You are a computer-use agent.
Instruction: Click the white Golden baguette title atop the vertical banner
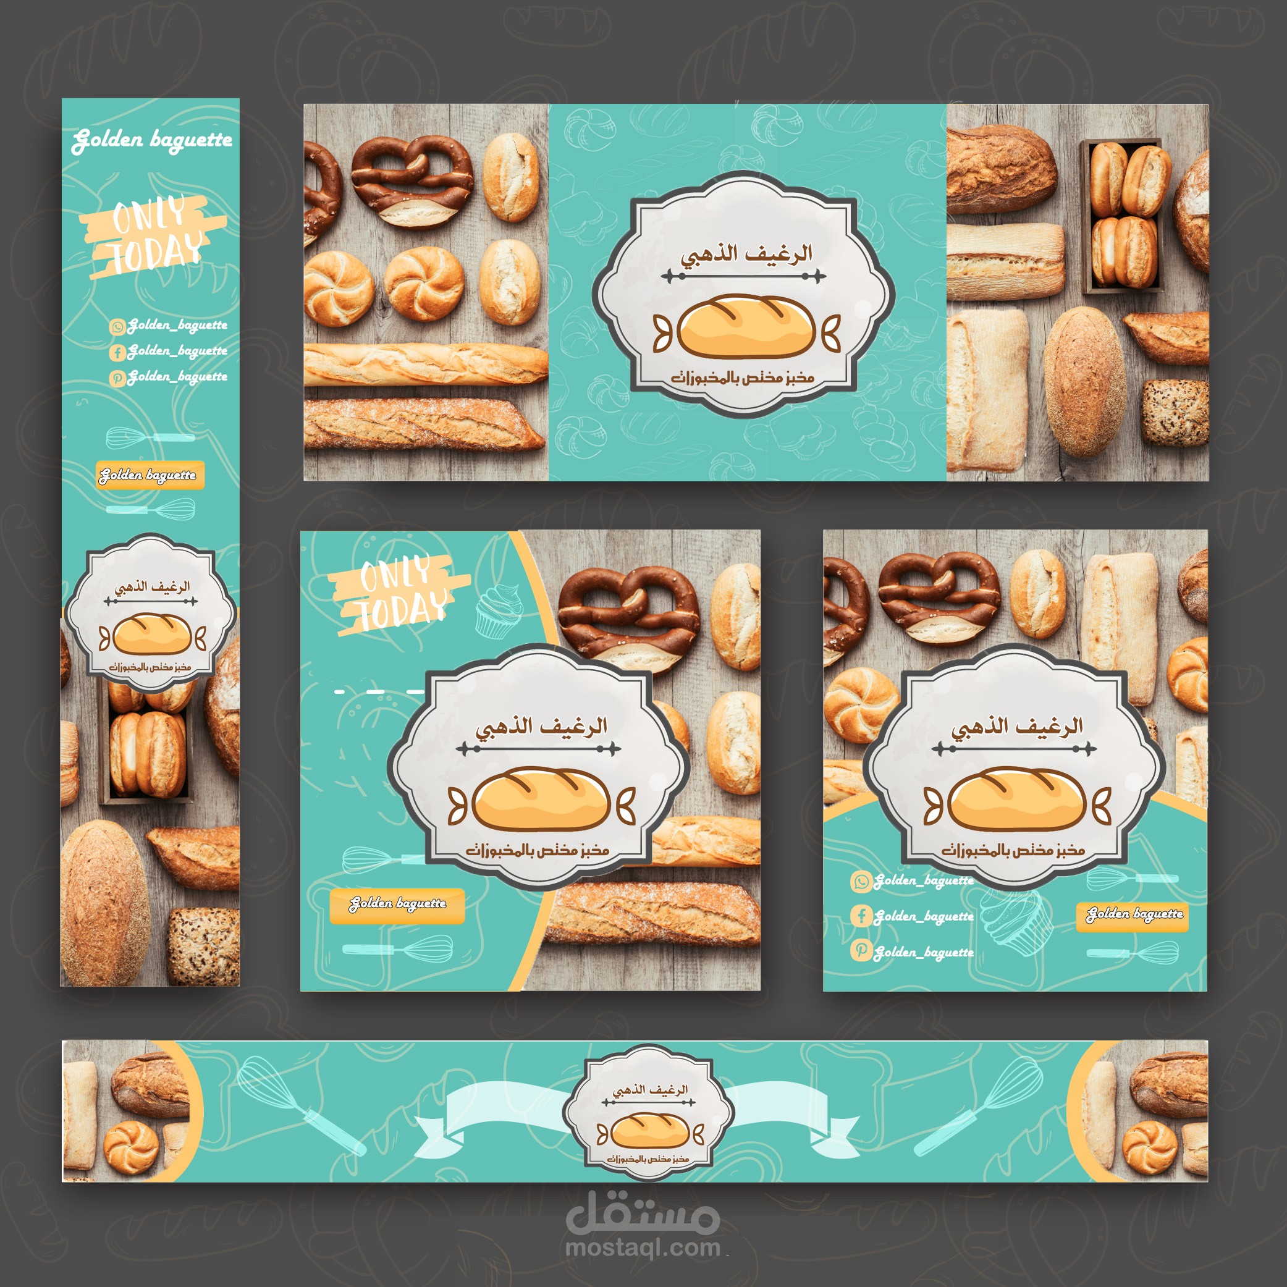coord(153,140)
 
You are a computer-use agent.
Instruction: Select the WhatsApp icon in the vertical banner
coord(118,326)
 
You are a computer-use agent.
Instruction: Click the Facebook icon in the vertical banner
coord(118,352)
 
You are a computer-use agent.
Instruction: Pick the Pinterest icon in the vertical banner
coord(118,378)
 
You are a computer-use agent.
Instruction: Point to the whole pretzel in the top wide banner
coord(412,180)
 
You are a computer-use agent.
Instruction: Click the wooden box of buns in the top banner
coord(1123,216)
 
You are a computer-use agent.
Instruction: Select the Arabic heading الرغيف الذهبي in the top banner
coord(746,255)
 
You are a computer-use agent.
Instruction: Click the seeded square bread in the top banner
coord(1175,411)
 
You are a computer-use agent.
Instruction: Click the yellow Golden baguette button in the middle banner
coord(397,905)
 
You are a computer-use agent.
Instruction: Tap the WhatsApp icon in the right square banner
coord(861,881)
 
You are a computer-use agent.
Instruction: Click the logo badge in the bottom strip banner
coord(648,1112)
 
